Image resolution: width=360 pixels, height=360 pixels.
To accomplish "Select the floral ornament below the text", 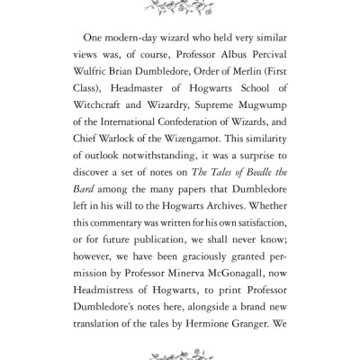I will pyautogui.click(x=180, y=349).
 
